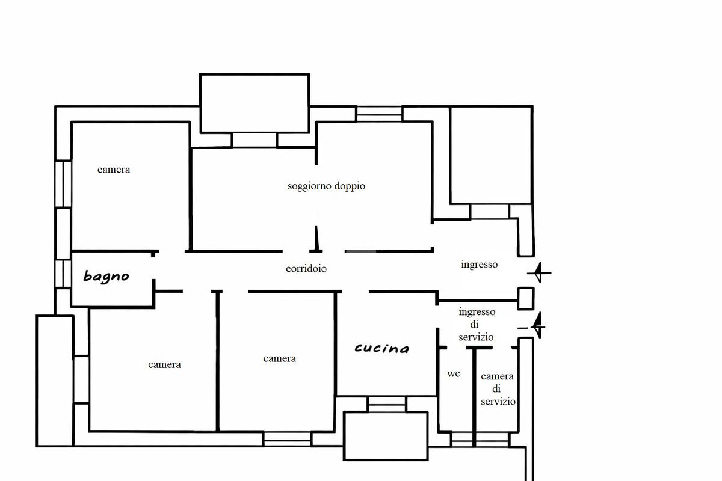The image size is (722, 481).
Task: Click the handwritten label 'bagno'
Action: [106, 277]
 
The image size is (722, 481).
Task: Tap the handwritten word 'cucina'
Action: [382, 348]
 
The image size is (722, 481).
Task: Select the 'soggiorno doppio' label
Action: [326, 186]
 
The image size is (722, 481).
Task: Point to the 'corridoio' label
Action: [306, 268]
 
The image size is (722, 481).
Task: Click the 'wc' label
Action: [454, 374]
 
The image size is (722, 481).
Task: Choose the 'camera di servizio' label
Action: [498, 389]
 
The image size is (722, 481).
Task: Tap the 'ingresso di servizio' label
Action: [477, 325]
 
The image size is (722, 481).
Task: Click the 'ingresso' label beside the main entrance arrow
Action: [480, 265]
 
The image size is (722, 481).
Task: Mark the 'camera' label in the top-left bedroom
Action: [114, 170]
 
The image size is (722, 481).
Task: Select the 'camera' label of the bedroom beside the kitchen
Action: [279, 358]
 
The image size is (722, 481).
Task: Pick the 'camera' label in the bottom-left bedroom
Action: [164, 365]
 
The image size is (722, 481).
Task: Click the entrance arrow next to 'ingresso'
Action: [539, 272]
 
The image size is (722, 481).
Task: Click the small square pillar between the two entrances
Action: [526, 299]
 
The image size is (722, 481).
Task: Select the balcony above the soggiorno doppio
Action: [255, 103]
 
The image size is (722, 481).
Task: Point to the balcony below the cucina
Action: [386, 435]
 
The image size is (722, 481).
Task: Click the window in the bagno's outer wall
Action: [63, 274]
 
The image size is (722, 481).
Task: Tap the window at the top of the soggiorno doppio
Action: [380, 114]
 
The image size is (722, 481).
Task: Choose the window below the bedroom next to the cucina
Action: [288, 439]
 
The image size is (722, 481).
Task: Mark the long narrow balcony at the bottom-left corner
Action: [55, 381]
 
